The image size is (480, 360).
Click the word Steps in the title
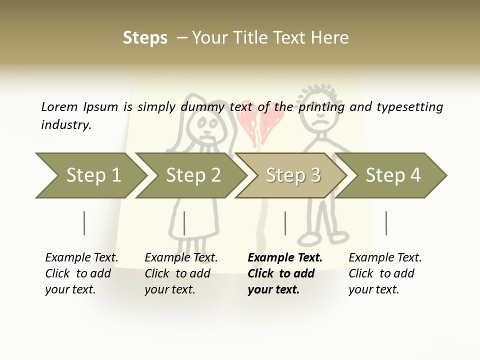(x=145, y=38)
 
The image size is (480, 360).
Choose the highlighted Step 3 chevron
(x=293, y=175)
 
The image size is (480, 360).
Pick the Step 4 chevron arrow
(x=393, y=175)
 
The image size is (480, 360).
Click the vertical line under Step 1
(x=84, y=223)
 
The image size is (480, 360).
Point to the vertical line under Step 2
(x=184, y=223)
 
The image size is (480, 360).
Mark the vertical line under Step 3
(x=285, y=223)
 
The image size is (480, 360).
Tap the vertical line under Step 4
(x=386, y=223)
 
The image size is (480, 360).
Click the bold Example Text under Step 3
(x=285, y=258)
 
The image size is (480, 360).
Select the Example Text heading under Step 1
(x=81, y=258)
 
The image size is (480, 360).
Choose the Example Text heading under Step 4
(x=385, y=258)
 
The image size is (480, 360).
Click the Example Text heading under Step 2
(x=181, y=258)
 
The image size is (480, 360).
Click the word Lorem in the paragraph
(x=59, y=107)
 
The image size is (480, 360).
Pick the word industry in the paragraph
(x=66, y=125)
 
